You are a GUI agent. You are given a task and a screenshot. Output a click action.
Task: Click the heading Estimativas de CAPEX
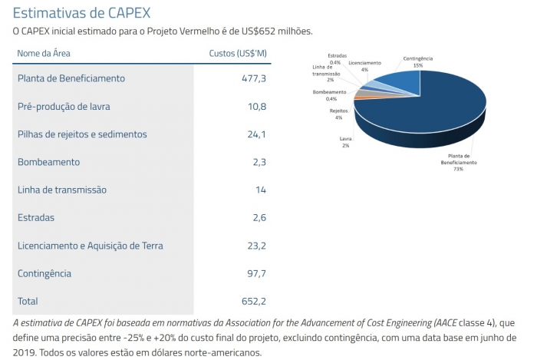(81, 13)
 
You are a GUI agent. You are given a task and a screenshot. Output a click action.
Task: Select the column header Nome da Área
(44, 53)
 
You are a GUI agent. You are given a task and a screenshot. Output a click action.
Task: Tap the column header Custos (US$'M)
(238, 53)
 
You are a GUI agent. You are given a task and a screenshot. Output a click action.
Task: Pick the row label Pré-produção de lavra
(69, 106)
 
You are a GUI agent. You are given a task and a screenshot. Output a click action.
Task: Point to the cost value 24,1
(255, 134)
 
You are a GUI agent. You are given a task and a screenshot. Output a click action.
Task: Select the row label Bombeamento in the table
(48, 162)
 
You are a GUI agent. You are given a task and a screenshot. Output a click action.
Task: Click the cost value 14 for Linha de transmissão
(261, 190)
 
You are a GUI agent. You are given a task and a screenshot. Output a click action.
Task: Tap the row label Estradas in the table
(36, 218)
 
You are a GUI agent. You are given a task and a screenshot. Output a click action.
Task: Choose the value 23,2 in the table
(255, 246)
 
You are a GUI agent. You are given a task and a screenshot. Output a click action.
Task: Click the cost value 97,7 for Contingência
(254, 273)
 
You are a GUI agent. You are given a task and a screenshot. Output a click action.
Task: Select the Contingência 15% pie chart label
(417, 62)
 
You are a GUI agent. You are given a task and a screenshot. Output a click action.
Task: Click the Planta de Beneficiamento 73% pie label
(458, 162)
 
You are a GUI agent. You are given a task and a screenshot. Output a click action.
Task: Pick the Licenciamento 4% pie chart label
(364, 65)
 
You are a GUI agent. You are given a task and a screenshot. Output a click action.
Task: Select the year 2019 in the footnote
(26, 352)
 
